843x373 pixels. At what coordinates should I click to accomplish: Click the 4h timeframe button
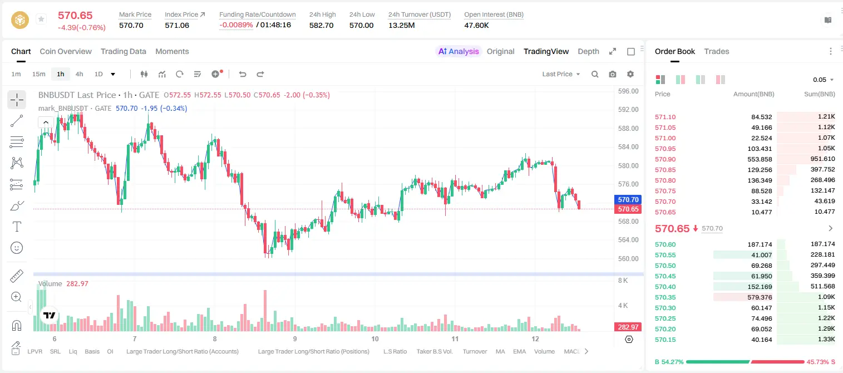pos(79,74)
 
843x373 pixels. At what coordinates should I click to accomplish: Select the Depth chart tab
pos(588,52)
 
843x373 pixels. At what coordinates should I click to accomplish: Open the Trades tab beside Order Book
pos(717,52)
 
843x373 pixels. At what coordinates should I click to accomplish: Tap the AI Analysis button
pos(459,52)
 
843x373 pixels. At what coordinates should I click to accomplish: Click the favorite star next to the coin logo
pos(41,19)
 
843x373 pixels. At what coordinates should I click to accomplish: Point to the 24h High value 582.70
pos(322,25)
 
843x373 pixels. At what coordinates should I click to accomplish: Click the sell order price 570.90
pos(665,159)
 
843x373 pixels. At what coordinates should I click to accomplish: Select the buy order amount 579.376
pos(760,297)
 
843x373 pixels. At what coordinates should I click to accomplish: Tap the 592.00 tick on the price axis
pos(628,110)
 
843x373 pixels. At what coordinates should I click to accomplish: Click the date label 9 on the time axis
pos(295,338)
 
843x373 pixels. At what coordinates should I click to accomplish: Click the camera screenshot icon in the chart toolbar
pos(613,74)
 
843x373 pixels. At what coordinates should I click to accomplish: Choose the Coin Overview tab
pos(66,52)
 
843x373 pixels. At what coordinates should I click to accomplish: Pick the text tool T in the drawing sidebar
pos(17,227)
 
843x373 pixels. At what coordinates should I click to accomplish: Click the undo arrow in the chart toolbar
pos(243,74)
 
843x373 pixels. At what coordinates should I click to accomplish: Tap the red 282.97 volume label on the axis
pos(628,327)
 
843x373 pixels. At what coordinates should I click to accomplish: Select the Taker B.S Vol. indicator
pos(434,351)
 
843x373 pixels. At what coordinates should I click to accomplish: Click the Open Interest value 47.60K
pos(476,25)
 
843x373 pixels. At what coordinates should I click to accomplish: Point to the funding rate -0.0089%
pos(236,25)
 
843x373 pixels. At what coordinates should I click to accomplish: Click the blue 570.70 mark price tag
pos(628,199)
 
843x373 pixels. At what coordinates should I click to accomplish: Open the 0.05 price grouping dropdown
pos(824,80)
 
